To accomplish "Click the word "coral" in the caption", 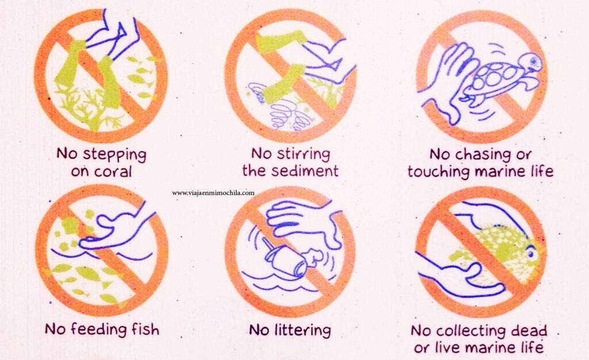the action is click(113, 172).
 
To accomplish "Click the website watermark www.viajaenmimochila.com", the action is click(213, 193).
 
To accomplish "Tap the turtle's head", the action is click(531, 61).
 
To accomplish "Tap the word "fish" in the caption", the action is click(145, 329).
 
